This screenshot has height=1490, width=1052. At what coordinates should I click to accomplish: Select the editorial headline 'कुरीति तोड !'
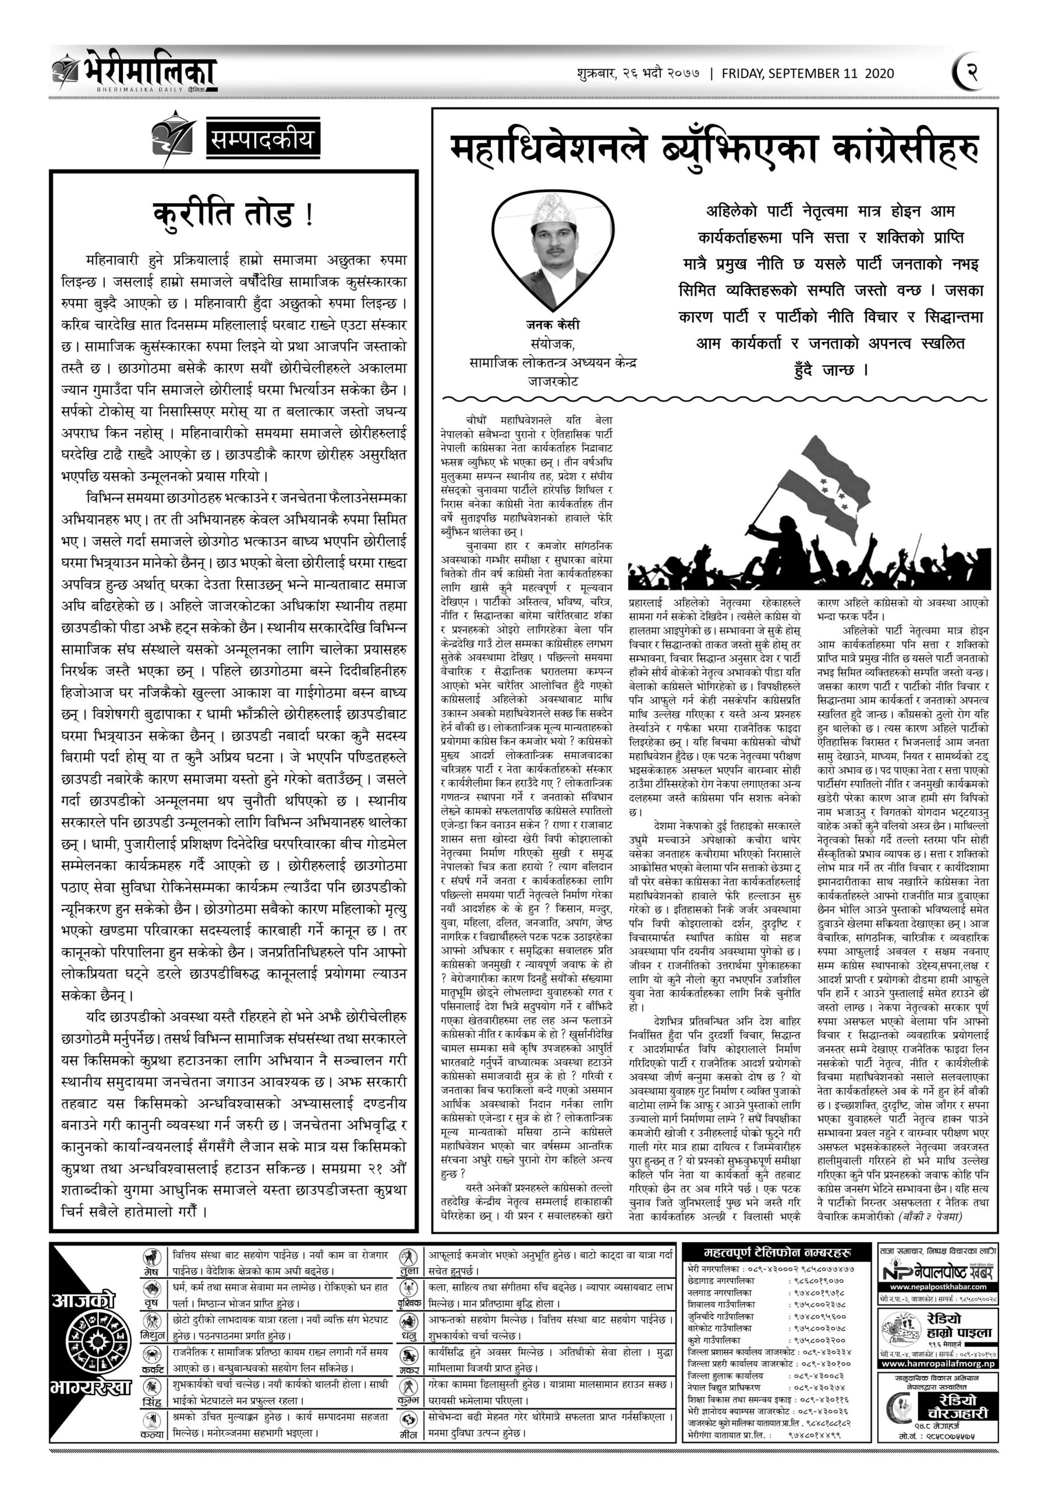pyautogui.click(x=233, y=214)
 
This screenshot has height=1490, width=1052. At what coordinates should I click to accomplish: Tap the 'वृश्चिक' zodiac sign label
pyautogui.click(x=409, y=1303)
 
